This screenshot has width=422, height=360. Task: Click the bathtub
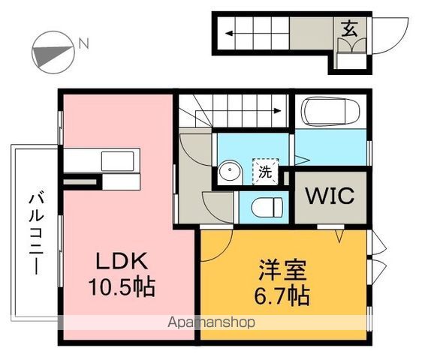pyautogui.click(x=330, y=114)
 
